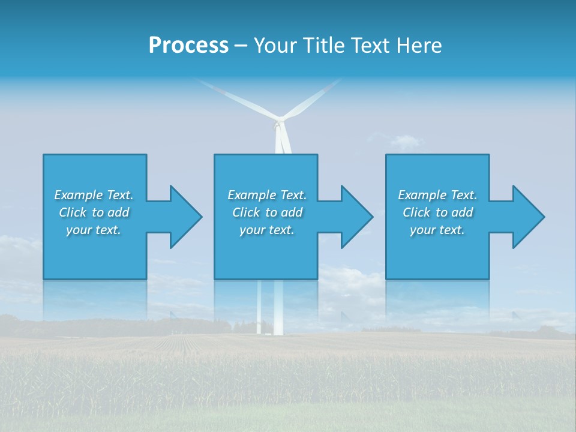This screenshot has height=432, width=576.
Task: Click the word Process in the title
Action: point(188,46)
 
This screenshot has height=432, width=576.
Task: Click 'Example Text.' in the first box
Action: point(94,195)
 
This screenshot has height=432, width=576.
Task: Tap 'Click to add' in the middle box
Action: point(267,212)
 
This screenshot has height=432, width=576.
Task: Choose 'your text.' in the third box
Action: point(437,230)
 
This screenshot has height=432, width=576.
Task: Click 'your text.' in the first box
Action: point(94,230)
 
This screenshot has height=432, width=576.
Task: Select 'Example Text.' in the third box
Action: point(437,195)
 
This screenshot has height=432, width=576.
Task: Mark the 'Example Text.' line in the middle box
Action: point(267,195)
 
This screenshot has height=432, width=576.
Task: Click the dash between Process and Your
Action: point(241,46)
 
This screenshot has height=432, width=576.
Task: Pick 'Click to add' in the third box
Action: point(437,212)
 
